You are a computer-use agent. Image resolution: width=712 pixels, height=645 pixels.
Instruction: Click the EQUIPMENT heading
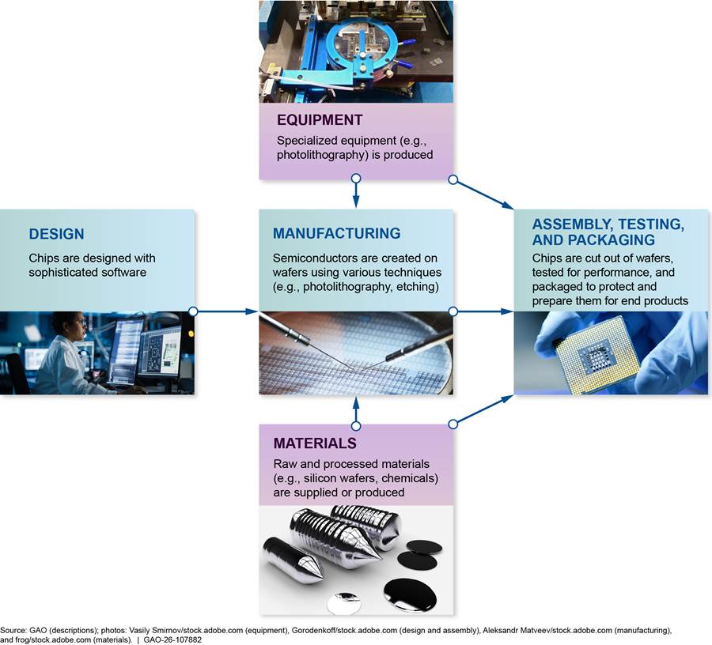point(320,119)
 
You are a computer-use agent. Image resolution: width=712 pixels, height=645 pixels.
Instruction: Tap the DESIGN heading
point(56,234)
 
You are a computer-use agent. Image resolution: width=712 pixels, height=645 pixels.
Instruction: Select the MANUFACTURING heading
point(336,233)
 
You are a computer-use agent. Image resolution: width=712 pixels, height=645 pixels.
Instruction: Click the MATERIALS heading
point(315,443)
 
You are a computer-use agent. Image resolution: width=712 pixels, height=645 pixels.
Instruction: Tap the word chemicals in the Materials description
point(410,478)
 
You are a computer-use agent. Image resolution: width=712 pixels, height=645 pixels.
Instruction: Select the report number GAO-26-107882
point(172,640)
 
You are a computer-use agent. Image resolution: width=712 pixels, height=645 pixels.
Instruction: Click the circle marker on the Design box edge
point(193,311)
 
